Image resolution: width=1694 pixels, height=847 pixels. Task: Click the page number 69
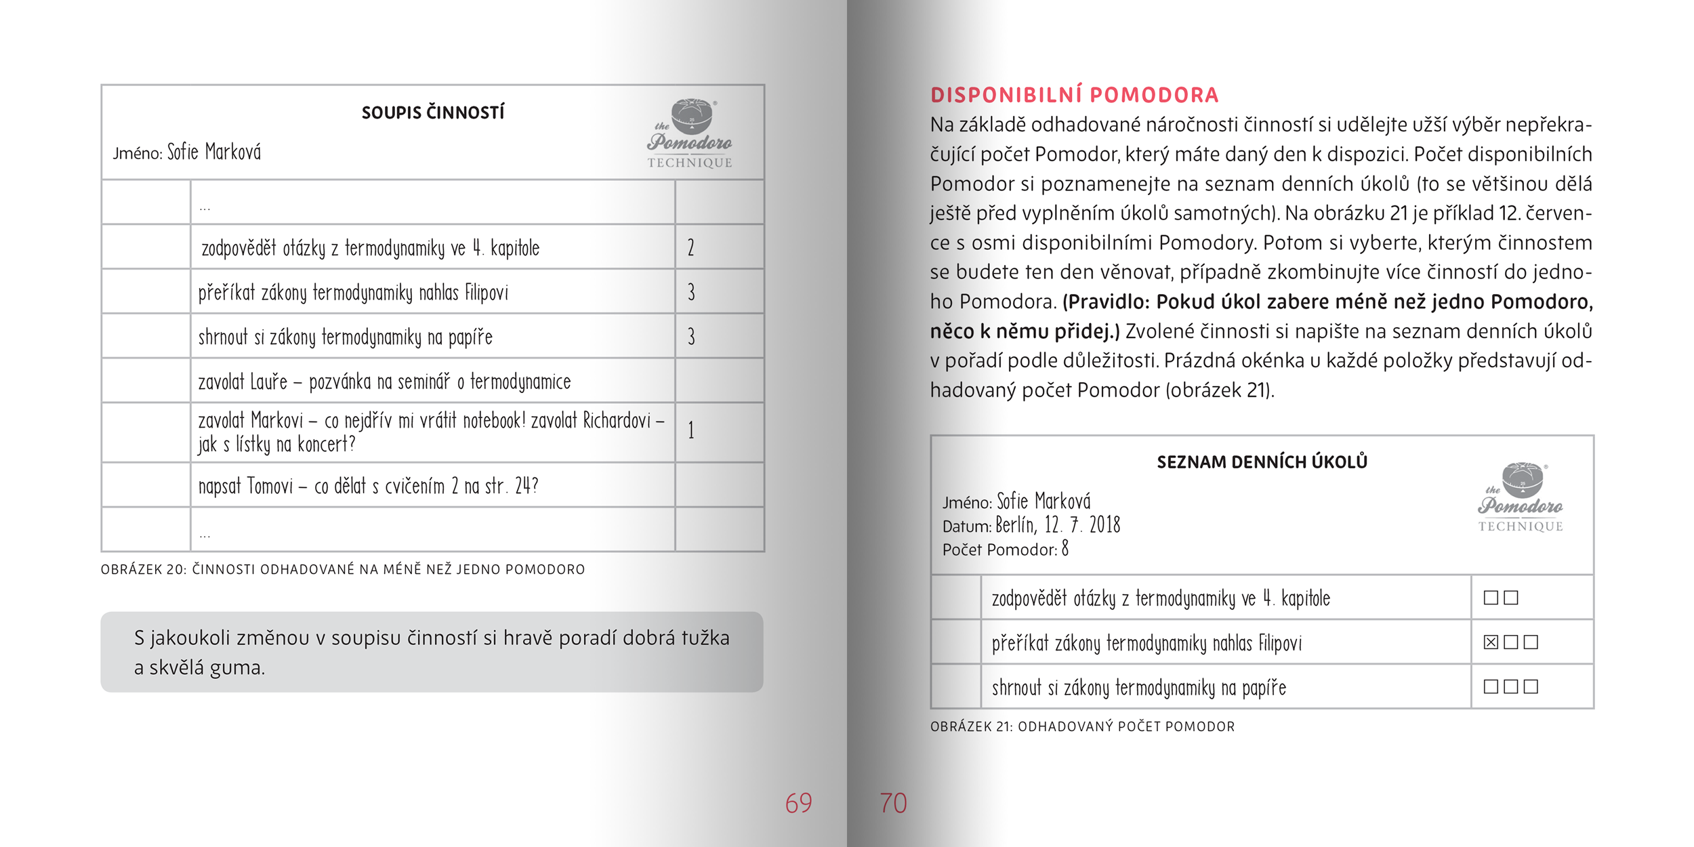(798, 803)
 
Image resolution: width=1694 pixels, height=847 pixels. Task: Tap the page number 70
(893, 803)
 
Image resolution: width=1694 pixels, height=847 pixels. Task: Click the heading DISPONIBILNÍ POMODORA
(1074, 95)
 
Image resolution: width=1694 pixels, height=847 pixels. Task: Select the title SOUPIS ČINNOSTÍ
(433, 112)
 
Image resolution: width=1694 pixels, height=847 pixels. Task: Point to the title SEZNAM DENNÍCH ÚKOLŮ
(1262, 462)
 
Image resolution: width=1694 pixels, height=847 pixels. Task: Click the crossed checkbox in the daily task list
(1491, 642)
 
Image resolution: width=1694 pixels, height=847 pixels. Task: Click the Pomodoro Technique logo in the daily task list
(1521, 497)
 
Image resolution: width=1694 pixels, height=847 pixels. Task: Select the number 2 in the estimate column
(690, 247)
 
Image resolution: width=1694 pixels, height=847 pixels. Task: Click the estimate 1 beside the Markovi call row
(690, 430)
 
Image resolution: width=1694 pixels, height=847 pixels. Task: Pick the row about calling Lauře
(384, 381)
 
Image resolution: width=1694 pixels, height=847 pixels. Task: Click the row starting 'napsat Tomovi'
(368, 486)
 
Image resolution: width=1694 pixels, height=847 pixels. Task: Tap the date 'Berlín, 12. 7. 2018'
(1058, 525)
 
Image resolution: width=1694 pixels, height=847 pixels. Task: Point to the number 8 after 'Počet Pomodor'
(1065, 548)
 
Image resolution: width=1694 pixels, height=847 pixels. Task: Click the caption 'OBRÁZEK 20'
(342, 570)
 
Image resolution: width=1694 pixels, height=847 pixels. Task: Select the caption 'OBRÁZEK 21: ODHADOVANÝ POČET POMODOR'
(1082, 727)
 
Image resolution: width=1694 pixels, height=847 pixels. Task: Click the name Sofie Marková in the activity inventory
(214, 152)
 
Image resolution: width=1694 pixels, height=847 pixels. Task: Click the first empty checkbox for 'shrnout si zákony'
(1491, 686)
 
